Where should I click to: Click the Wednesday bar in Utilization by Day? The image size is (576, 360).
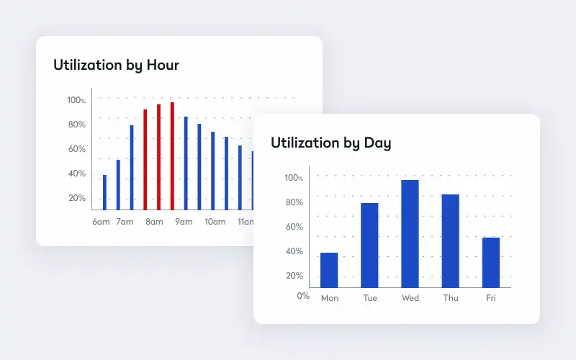click(410, 233)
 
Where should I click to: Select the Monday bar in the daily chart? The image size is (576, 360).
click(329, 270)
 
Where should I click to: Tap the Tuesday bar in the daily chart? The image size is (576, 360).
click(369, 246)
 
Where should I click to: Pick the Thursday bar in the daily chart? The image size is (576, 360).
click(451, 241)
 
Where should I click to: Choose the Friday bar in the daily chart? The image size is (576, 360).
click(491, 263)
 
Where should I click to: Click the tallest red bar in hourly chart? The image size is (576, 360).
click(172, 156)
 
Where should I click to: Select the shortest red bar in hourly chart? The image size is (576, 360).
click(145, 160)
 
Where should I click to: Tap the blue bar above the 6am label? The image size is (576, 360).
click(104, 192)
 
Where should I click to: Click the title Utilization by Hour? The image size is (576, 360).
click(116, 65)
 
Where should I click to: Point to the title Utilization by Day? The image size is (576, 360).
click(331, 143)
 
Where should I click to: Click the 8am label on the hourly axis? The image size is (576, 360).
click(154, 222)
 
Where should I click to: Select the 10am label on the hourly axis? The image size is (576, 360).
click(215, 222)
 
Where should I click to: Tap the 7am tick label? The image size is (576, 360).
click(125, 222)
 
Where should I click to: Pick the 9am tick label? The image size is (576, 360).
click(184, 222)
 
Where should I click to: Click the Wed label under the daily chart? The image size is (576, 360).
click(410, 298)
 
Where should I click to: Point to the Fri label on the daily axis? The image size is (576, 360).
click(491, 298)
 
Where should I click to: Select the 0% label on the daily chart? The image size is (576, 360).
click(303, 296)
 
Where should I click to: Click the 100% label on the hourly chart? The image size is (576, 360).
click(76, 100)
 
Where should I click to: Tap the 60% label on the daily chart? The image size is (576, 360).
click(294, 227)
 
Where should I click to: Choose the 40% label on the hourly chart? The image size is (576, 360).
click(77, 174)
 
